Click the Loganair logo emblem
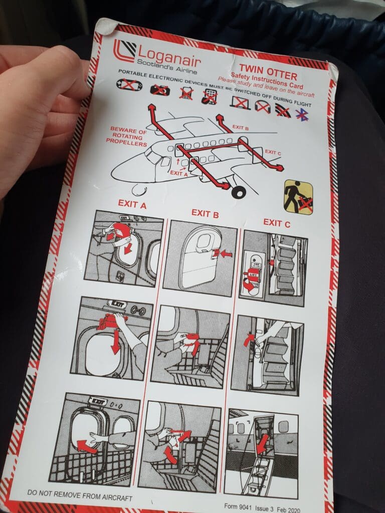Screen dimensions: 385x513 124,51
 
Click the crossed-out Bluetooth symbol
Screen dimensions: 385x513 302,115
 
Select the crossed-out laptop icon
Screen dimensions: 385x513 240,103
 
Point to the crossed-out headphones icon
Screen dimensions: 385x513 263,107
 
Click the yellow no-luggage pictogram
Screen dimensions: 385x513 298,197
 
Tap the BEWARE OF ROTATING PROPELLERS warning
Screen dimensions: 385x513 127,136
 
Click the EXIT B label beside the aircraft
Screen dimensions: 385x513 240,128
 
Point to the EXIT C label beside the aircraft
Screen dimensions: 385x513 273,152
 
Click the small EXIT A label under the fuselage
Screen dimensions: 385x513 179,173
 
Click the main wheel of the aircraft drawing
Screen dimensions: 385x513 239,192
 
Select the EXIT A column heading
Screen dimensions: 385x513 132,204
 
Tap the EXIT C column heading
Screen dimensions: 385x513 277,223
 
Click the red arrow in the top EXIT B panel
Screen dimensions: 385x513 226,253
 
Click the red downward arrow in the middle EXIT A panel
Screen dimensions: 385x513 115,342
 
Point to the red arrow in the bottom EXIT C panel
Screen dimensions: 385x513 262,444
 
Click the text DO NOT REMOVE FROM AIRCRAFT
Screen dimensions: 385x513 80,495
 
